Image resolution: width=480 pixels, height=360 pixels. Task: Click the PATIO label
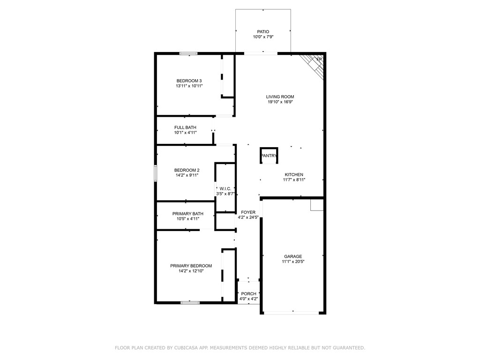[x=262, y=32]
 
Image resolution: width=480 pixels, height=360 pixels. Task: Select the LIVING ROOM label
[x=280, y=97]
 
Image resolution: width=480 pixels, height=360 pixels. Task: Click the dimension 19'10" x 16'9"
[x=280, y=102]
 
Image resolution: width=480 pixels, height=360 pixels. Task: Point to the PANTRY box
[x=269, y=156]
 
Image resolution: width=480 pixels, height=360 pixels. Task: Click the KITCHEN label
[x=294, y=174]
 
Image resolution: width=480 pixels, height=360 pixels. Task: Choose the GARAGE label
[x=293, y=256]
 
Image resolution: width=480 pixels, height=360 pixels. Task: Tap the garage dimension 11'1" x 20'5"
[x=293, y=262]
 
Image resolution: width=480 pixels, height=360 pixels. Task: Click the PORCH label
[x=248, y=294]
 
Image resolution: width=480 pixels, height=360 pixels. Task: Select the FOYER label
[x=248, y=212]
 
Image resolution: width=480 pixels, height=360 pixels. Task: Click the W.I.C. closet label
[x=225, y=188]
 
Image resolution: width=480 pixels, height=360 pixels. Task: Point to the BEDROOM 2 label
[x=187, y=170]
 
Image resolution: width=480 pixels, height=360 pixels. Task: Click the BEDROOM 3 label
[x=189, y=81]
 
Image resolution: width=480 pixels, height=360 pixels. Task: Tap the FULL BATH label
[x=185, y=127]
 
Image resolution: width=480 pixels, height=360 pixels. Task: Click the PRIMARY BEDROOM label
[x=191, y=266]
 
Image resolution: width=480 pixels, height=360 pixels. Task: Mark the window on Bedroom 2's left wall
[x=156, y=172]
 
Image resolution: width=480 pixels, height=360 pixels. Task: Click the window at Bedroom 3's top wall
[x=188, y=53]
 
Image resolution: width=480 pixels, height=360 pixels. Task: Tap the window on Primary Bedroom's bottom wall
[x=190, y=303]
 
